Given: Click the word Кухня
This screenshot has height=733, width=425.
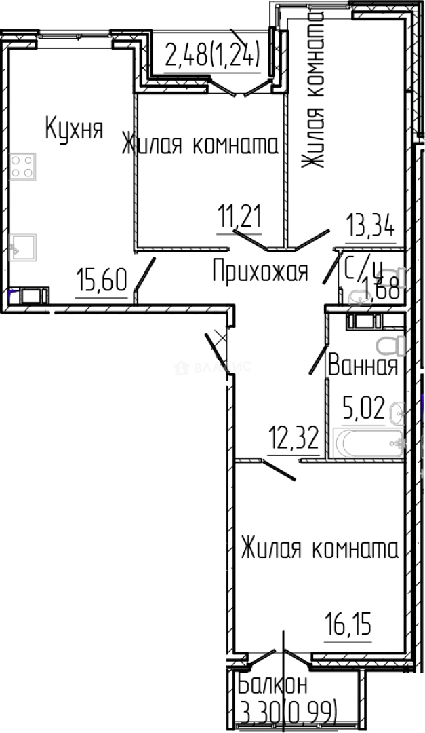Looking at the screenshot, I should click(74, 128).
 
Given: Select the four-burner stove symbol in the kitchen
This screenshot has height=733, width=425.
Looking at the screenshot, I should click(23, 166).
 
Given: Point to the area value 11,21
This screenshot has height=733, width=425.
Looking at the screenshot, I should click(239, 219).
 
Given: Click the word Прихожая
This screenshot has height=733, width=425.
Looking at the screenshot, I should click(260, 272).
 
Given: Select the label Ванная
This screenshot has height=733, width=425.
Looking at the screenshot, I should click(362, 366).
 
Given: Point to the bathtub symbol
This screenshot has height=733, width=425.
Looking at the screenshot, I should click(365, 445).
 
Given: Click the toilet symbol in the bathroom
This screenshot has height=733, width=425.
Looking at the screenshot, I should click(390, 344).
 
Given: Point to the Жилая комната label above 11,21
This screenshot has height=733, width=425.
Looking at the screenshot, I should click(200, 145).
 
